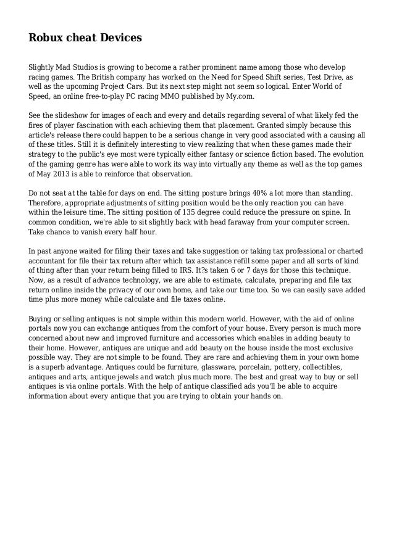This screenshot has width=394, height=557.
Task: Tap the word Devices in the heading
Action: [120, 38]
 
